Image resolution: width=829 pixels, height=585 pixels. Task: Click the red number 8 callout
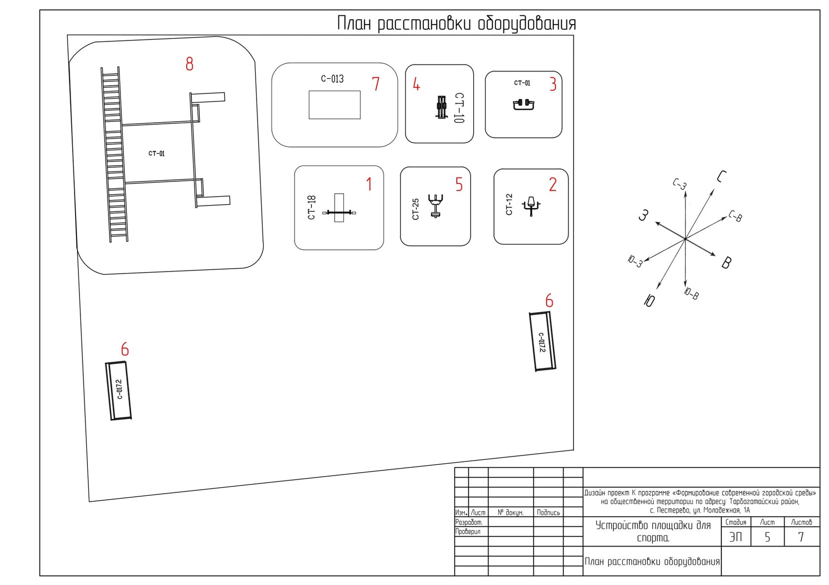[x=189, y=64]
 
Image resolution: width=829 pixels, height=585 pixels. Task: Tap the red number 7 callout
[x=376, y=84]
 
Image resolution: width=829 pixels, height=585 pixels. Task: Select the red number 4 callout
[x=416, y=84]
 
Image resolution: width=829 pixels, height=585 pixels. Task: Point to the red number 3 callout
[x=553, y=84]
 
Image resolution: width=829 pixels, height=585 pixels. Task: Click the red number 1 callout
[x=369, y=184]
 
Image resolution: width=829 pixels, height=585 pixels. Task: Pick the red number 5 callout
[x=459, y=185]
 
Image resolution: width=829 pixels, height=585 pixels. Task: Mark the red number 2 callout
[x=553, y=185]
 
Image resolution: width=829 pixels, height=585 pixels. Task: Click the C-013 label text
[x=332, y=79]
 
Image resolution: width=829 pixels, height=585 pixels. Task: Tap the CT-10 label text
[x=459, y=107]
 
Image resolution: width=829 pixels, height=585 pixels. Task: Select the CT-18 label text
[x=311, y=207]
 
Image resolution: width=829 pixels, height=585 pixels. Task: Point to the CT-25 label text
[x=415, y=209]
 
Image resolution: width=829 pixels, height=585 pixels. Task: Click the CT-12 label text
[x=509, y=205]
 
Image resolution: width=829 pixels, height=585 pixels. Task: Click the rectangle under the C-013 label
[x=335, y=105]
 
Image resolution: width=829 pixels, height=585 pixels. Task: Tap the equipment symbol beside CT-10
[x=441, y=107]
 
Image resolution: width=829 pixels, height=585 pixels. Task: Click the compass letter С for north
[x=721, y=176]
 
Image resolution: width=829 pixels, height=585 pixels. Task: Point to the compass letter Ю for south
[x=649, y=300]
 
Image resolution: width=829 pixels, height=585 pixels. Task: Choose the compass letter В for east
[x=726, y=263]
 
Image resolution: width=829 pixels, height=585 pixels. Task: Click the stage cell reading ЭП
[x=736, y=537]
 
